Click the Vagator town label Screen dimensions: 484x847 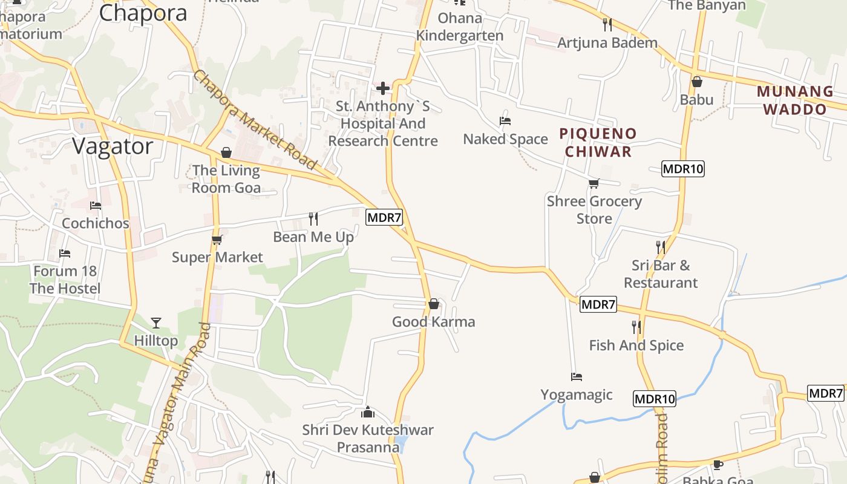tap(113, 146)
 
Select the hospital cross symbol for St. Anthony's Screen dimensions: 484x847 tap(383, 89)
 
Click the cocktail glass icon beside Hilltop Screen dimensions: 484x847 tap(156, 323)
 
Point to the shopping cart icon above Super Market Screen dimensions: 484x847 tap(217, 240)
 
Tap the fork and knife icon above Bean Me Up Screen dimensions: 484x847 tap(313, 218)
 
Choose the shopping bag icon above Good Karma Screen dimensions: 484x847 tap(434, 304)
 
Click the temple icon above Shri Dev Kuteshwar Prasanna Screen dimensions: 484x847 tap(368, 413)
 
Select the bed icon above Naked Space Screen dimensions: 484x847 tap(505, 121)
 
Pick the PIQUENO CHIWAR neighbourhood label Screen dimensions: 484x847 tap(598, 142)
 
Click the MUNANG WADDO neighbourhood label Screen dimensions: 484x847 tap(795, 100)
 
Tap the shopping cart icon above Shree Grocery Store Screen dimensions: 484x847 tap(594, 184)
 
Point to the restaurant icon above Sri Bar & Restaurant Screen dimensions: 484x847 tap(661, 247)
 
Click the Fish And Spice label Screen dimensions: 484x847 tap(636, 345)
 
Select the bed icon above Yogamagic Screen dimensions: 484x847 tap(577, 377)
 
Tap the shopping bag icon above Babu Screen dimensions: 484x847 tap(697, 81)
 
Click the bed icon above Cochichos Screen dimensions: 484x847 tap(96, 206)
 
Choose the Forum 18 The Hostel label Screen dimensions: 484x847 tap(65, 280)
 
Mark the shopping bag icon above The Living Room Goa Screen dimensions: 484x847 tap(226, 152)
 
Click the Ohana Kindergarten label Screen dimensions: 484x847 tap(460, 27)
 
